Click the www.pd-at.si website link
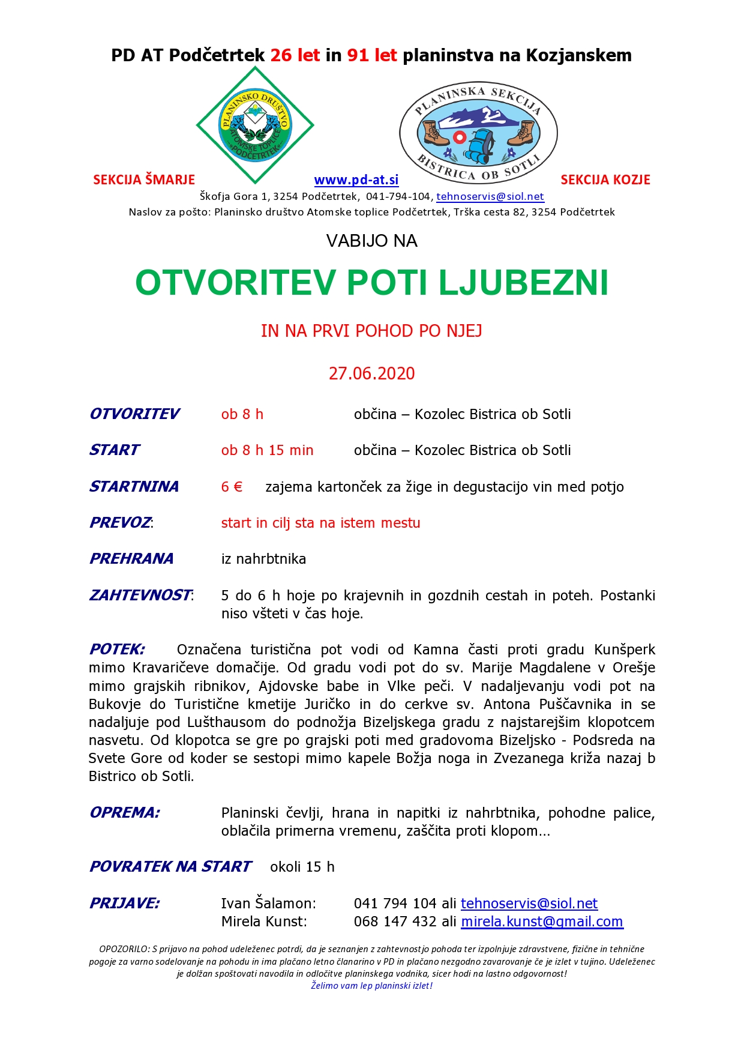(356, 180)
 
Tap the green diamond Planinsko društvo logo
(255, 125)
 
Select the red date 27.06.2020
(371, 373)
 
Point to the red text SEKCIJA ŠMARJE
(144, 180)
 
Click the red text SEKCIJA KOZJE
(605, 180)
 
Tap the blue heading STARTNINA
(134, 486)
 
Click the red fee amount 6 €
(232, 487)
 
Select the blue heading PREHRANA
(131, 559)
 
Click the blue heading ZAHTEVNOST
(140, 596)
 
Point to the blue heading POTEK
(117, 650)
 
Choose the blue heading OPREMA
(124, 813)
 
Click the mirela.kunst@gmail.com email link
(542, 922)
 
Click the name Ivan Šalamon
(268, 904)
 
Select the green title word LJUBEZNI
(523, 283)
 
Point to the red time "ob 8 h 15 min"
(267, 450)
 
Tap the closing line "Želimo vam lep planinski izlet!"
(371, 986)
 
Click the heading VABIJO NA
(371, 241)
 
